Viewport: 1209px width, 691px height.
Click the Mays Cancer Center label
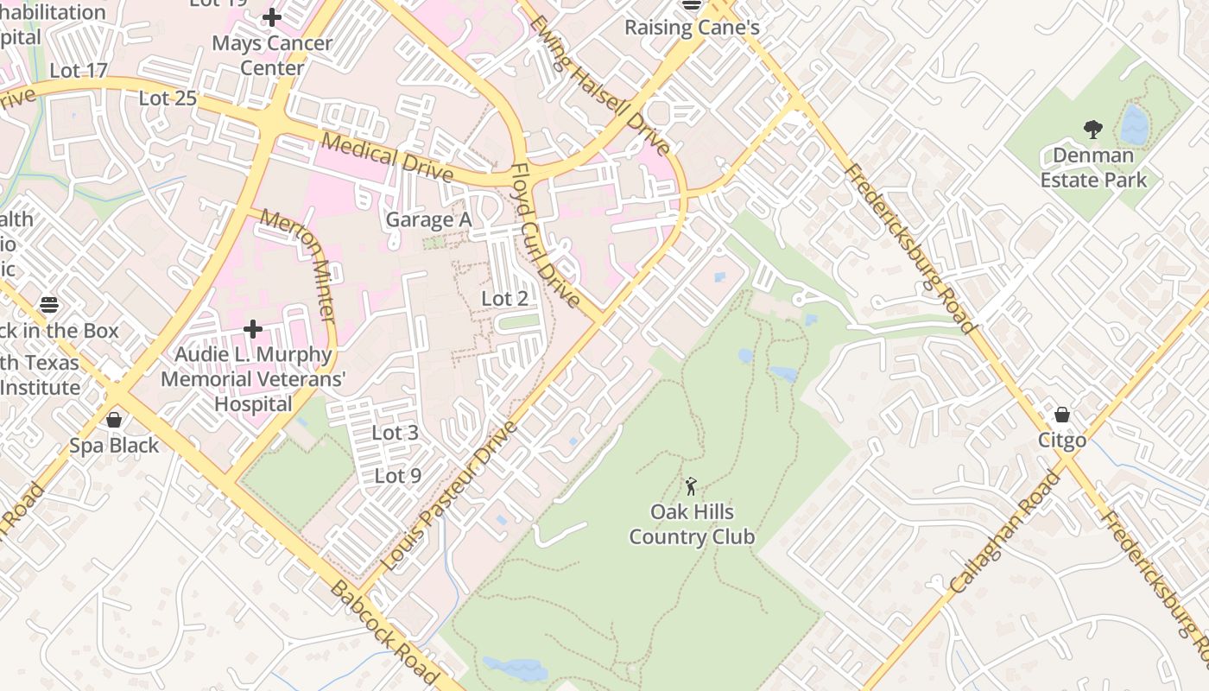[x=272, y=55]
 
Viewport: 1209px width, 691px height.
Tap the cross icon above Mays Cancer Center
[x=272, y=16]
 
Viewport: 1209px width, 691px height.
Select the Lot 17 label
[x=79, y=71]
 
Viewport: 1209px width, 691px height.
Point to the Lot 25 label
[x=168, y=98]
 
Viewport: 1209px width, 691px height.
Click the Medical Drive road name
[x=388, y=156]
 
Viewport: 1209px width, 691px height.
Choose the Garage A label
[x=428, y=220]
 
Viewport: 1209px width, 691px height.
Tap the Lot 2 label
[x=504, y=299]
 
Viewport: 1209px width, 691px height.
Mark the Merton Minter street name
[x=298, y=266]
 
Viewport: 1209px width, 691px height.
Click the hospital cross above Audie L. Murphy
[x=253, y=329]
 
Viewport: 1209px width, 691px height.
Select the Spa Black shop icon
[x=114, y=420]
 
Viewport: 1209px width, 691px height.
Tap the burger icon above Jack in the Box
[x=49, y=304]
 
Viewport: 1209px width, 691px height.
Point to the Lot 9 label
[x=398, y=476]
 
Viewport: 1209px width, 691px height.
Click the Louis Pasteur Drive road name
[x=448, y=496]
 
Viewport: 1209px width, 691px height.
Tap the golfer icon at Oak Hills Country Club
[x=691, y=486]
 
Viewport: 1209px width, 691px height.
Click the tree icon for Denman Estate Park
[x=1093, y=130]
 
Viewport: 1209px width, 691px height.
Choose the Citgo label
[x=1062, y=441]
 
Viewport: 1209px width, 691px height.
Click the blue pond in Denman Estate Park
[x=1134, y=126]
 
